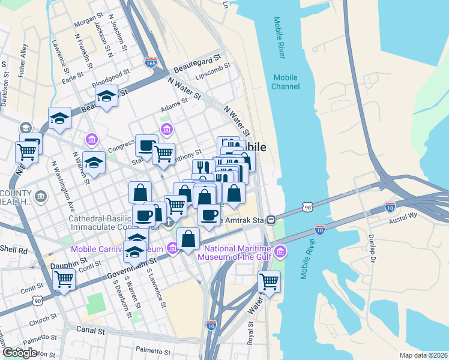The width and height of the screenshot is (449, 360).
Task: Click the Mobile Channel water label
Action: (286, 82)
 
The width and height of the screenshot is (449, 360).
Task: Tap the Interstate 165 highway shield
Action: (151, 62)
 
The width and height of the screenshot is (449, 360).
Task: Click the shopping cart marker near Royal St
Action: (269, 281)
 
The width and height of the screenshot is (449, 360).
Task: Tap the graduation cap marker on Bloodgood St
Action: (106, 95)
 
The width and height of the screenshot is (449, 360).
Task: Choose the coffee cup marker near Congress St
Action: (146, 145)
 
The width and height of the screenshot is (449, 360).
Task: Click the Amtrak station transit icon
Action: (272, 220)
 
